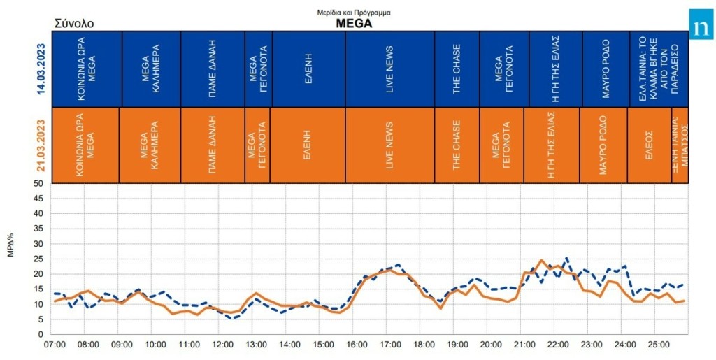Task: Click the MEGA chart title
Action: [354, 22]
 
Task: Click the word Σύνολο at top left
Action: [74, 24]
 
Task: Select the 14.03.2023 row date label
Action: [41, 69]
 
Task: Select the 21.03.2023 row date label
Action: [41, 145]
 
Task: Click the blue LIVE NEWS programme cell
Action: [389, 69]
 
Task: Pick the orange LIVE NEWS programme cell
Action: [389, 145]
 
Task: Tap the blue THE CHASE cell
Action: [457, 69]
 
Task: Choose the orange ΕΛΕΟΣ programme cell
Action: [649, 145]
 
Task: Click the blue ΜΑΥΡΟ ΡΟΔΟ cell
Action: [606, 69]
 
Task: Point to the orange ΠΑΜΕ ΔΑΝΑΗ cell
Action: [213, 145]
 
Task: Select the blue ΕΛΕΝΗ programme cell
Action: [308, 69]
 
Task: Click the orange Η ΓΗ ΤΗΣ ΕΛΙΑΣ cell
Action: [552, 145]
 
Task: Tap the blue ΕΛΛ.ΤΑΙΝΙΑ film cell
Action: [659, 69]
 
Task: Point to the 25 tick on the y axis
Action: [39, 259]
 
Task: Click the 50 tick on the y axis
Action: [39, 184]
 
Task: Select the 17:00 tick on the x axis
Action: [390, 345]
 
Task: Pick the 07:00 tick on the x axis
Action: [55, 345]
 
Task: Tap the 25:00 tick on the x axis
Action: [658, 345]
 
